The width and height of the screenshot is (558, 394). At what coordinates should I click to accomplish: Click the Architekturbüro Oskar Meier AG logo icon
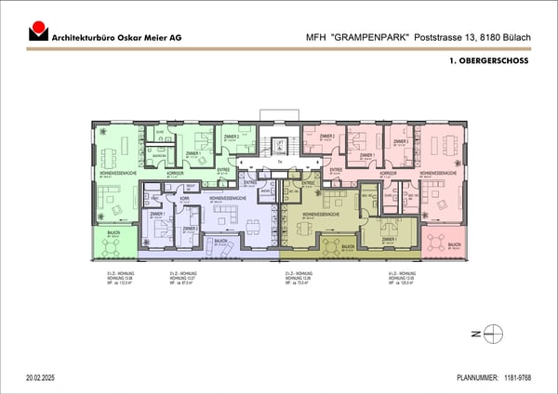37,32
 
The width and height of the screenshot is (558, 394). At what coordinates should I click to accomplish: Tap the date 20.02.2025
45,378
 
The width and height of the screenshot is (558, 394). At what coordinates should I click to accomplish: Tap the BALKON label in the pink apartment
454,245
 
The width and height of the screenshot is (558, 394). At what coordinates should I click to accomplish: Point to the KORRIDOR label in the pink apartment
388,173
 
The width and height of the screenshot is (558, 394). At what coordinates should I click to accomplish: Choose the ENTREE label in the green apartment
223,170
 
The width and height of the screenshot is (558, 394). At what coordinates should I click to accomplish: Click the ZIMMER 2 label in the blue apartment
190,228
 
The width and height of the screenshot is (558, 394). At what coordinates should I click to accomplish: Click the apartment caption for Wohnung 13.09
403,277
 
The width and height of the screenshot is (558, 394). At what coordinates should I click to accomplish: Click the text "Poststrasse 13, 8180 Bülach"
469,35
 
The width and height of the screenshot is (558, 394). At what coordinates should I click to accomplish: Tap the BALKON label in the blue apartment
220,241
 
